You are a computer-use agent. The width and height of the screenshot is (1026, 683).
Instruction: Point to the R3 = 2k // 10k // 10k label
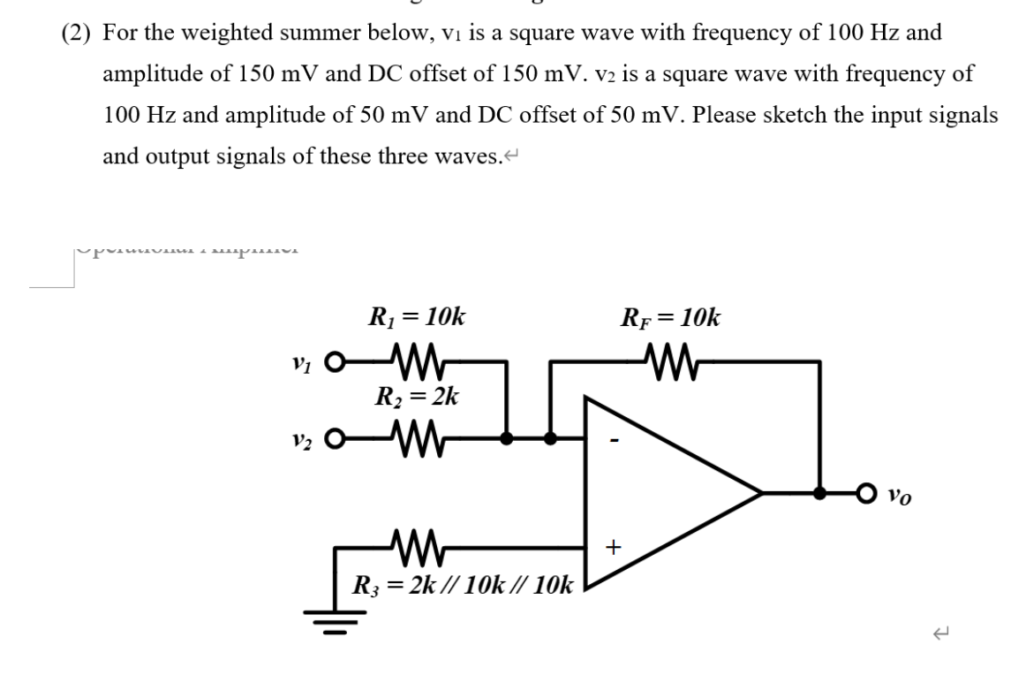[x=464, y=584]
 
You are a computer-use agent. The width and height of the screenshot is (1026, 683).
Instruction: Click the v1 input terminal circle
[x=333, y=362]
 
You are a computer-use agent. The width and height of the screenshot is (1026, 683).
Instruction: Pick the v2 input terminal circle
[x=333, y=437]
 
